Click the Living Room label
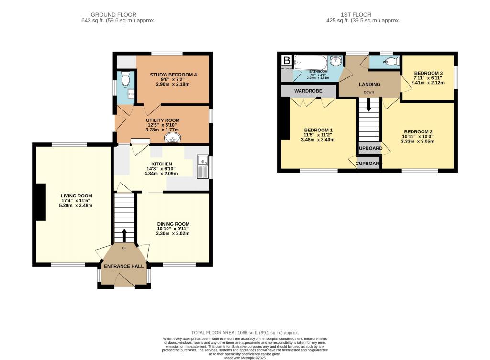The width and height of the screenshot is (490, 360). tap(76, 196)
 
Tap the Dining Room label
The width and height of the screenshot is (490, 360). tap(174, 224)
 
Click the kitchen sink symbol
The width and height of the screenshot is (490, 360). tap(202, 167)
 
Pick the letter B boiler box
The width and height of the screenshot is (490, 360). tap(287, 61)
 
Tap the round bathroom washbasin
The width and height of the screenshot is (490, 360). tap(337, 61)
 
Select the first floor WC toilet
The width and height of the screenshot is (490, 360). tap(392, 62)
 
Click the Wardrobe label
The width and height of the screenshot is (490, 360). tap(308, 91)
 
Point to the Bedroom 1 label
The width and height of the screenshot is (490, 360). tap(318, 131)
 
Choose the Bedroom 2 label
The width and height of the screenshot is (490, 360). tap(418, 132)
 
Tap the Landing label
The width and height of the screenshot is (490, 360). tap(370, 85)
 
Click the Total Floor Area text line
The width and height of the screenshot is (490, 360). tap(245, 332)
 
